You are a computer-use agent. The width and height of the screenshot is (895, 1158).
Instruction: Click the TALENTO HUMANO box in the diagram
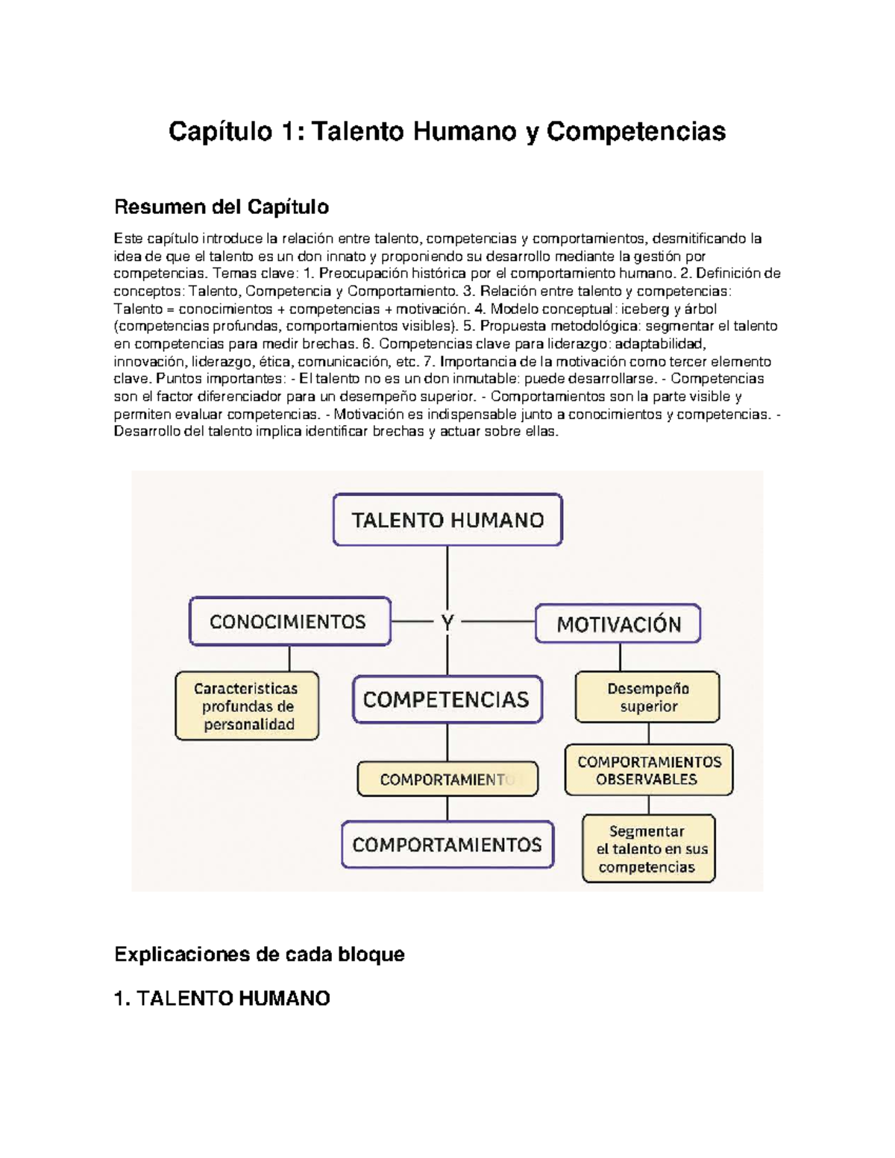coord(447,520)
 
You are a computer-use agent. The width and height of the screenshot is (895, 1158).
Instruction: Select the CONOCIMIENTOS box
coord(289,621)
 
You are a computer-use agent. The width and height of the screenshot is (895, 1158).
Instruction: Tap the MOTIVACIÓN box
coord(618,624)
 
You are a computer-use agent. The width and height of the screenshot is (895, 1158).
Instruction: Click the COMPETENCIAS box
coord(447,699)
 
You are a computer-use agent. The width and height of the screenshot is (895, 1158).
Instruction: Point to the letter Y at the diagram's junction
coord(447,623)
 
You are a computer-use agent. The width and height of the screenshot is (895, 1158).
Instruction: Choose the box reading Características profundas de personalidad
coord(247,706)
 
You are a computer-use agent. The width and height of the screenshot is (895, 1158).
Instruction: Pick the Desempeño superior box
coord(647,697)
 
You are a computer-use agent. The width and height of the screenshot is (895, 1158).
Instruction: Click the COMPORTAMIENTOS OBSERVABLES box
coord(649,770)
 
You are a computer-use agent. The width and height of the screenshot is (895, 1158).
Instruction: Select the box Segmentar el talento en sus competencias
coord(648,849)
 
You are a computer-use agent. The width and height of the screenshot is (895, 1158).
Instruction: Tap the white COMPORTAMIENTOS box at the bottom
coord(447,845)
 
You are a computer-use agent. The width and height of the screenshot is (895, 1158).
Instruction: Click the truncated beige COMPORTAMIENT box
coord(447,779)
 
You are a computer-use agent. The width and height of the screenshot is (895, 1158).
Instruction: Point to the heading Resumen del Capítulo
coord(222,207)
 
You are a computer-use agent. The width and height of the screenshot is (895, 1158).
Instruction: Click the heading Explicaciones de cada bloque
coord(260,954)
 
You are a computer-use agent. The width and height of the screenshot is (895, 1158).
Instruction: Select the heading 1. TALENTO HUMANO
coord(222,998)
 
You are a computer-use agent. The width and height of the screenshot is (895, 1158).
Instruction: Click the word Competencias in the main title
coord(635,131)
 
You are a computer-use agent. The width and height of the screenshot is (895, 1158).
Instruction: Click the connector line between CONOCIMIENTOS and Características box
coord(289,658)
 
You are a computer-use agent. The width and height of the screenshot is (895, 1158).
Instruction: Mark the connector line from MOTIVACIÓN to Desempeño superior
coord(620,657)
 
